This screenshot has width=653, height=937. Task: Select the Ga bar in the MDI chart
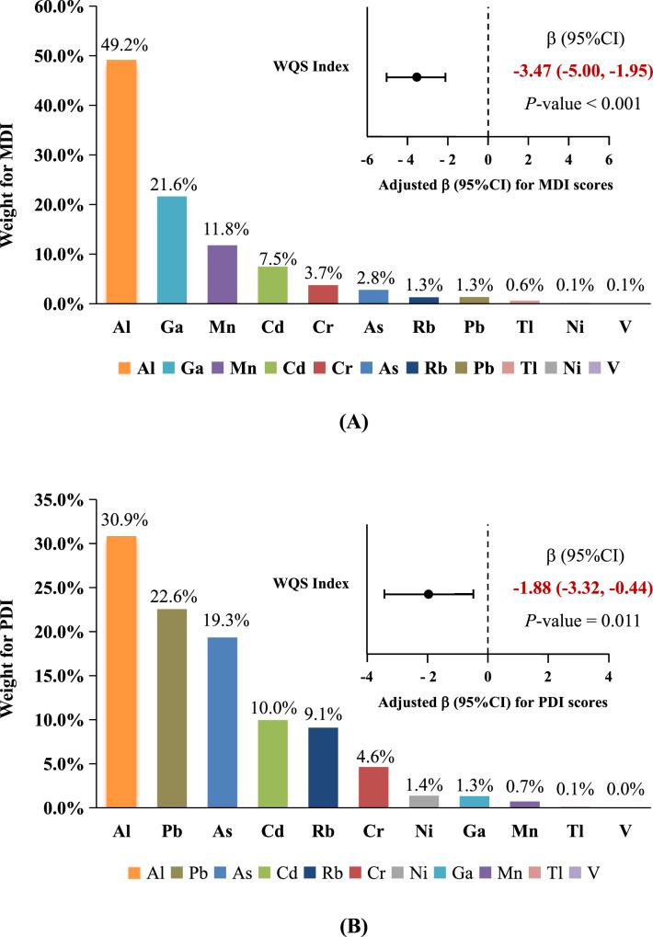[x=171, y=249]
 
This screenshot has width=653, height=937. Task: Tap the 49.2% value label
[x=121, y=43]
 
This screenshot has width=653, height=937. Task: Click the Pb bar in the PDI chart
[x=171, y=708]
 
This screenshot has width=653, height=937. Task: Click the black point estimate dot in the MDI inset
[x=417, y=77]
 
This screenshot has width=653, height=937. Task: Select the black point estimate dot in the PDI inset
[x=429, y=594]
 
